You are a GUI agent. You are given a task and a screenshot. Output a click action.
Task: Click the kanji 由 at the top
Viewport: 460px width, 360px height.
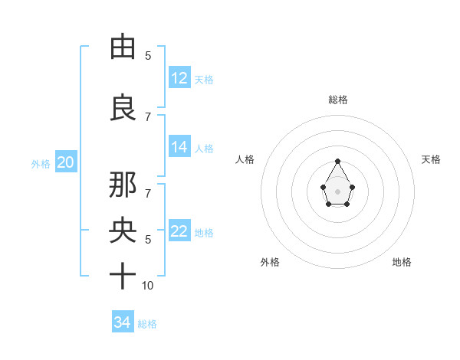[123, 47]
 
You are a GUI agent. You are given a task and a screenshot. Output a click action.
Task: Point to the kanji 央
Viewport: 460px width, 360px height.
[123, 231]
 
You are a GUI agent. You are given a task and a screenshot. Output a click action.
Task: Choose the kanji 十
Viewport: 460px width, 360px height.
[123, 276]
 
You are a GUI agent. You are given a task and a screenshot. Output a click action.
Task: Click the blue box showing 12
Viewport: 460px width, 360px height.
[179, 78]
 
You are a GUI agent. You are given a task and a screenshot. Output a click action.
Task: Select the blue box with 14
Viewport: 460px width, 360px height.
[179, 148]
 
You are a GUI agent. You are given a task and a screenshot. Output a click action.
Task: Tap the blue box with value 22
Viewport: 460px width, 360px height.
[179, 232]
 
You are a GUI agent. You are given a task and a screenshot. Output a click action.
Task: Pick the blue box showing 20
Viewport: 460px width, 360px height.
[65, 162]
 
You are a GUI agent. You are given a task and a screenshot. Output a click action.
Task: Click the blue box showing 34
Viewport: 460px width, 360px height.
[123, 322]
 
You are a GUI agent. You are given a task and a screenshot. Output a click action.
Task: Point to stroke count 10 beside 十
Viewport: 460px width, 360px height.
[148, 286]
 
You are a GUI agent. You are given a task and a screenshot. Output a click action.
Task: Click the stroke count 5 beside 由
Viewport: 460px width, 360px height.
[148, 56]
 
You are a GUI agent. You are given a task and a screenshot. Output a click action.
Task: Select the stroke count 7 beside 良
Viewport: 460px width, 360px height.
[148, 117]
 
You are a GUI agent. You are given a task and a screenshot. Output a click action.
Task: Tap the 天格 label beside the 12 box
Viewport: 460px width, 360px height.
[204, 80]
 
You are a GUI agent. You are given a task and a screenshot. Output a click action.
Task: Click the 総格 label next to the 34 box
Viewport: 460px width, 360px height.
[147, 324]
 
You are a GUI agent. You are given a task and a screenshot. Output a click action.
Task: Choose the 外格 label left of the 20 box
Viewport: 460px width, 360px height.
[41, 164]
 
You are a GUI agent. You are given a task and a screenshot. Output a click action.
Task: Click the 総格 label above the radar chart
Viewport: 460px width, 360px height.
[338, 100]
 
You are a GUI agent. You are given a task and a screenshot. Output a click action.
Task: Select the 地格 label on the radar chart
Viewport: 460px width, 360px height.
[402, 262]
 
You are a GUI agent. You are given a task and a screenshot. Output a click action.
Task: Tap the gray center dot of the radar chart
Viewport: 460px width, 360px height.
[338, 191]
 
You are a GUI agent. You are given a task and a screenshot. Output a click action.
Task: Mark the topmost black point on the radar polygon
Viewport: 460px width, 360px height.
[338, 161]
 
